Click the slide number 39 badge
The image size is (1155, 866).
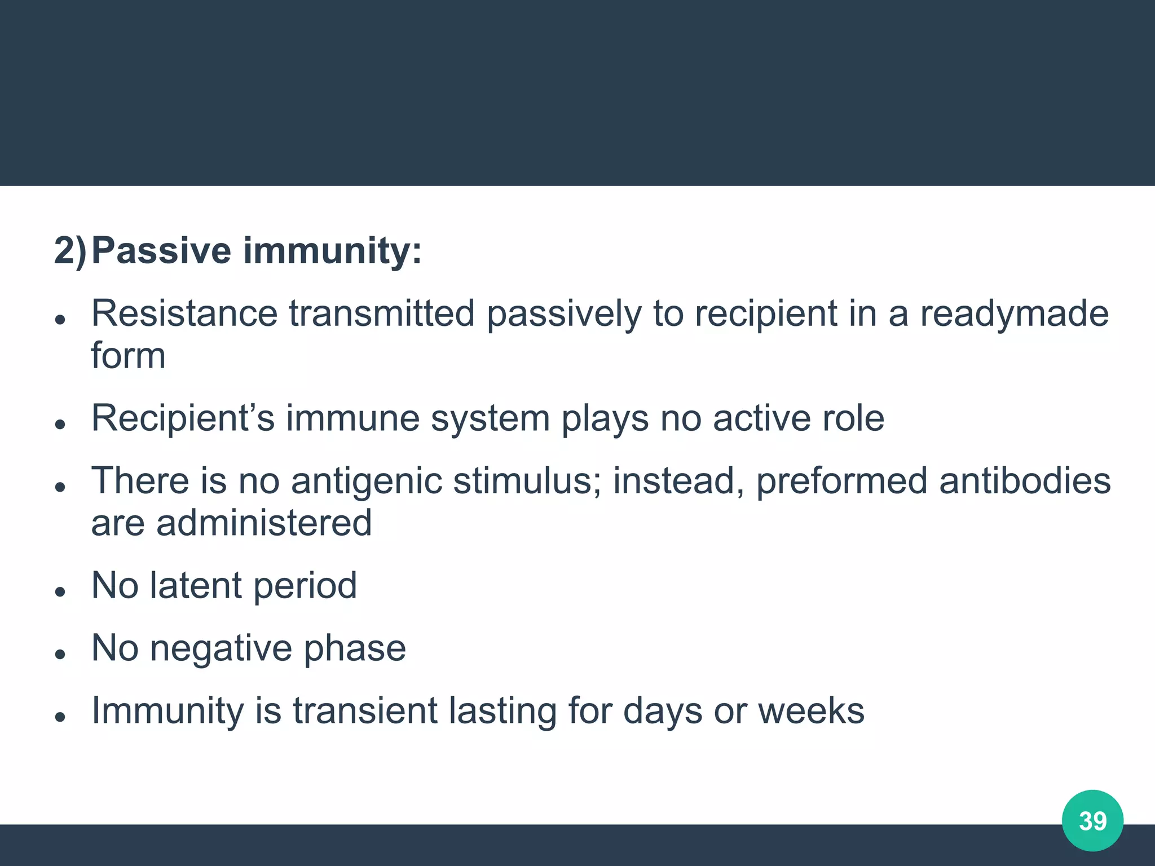point(1092,820)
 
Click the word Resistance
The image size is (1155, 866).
point(184,313)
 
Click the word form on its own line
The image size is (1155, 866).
point(128,356)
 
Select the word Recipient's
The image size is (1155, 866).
point(183,419)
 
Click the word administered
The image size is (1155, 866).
point(263,523)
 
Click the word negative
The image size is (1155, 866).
point(221,648)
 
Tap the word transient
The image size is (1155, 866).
point(365,710)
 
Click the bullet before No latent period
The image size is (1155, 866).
point(60,591)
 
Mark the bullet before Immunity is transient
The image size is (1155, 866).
point(60,716)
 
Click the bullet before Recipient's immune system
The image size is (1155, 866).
point(60,424)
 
